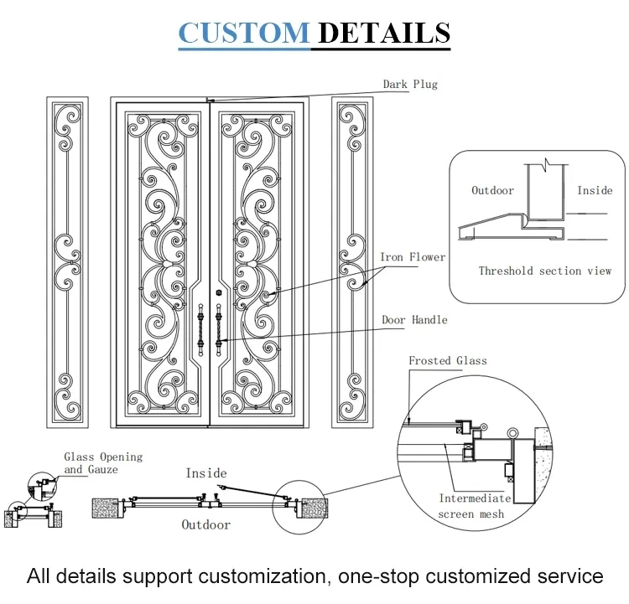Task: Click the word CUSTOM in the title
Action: tap(244, 33)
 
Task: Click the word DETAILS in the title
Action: tap(384, 33)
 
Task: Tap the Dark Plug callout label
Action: tap(410, 84)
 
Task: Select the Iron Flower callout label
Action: tap(413, 257)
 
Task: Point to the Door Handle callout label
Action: tap(414, 320)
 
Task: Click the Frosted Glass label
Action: tap(448, 361)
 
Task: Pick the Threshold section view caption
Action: tap(545, 271)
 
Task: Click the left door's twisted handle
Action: tap(200, 330)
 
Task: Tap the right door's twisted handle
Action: tap(219, 330)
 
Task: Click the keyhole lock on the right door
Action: tap(219, 293)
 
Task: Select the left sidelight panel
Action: tap(67, 262)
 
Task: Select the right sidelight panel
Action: tap(352, 262)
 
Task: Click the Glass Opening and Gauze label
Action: tap(103, 463)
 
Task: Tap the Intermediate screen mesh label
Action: tap(474, 506)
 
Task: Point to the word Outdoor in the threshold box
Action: tap(492, 190)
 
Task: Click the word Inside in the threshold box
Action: tap(595, 190)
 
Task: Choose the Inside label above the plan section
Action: tap(206, 473)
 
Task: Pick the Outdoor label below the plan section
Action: tap(206, 524)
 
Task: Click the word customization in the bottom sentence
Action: tap(262, 576)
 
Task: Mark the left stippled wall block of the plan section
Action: tap(105, 508)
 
